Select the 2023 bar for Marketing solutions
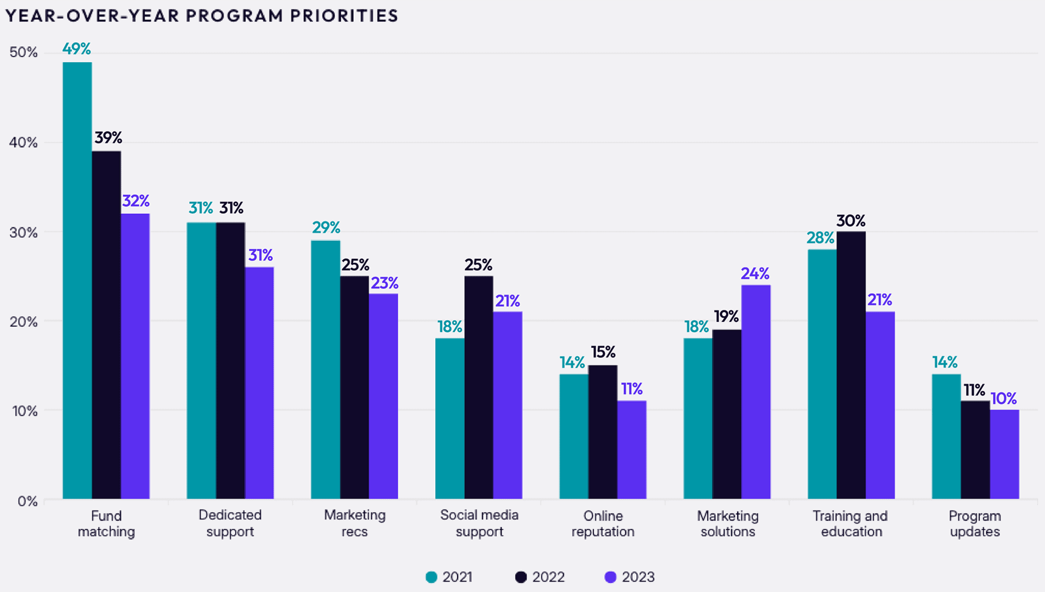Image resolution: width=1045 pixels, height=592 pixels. pyautogui.click(x=756, y=392)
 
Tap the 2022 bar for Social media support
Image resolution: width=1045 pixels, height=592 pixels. pyautogui.click(x=479, y=387)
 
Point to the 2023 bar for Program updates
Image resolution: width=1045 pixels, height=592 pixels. pyautogui.click(x=1004, y=454)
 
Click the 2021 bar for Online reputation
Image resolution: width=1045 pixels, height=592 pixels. pyautogui.click(x=574, y=436)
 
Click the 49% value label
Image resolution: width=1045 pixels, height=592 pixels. pyautogui.click(x=77, y=49)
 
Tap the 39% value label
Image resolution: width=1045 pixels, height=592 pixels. pyautogui.click(x=108, y=138)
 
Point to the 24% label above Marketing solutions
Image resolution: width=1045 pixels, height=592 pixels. pyautogui.click(x=755, y=273)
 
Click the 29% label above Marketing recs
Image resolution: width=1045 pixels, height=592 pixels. pyautogui.click(x=326, y=228)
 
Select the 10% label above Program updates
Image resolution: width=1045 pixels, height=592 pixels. pyautogui.click(x=1004, y=399)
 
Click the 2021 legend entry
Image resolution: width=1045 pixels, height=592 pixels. pyautogui.click(x=449, y=577)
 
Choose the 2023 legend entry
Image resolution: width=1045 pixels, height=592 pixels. pyautogui.click(x=630, y=577)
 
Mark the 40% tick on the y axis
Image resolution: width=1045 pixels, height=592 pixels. pyautogui.click(x=24, y=143)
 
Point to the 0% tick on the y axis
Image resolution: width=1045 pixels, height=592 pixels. pyautogui.click(x=27, y=501)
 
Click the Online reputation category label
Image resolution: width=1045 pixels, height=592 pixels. pyautogui.click(x=603, y=524)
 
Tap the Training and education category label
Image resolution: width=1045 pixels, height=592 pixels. pyautogui.click(x=851, y=524)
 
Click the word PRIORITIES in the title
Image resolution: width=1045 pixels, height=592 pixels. pyautogui.click(x=344, y=16)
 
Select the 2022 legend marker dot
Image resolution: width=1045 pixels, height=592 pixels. pyautogui.click(x=521, y=577)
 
